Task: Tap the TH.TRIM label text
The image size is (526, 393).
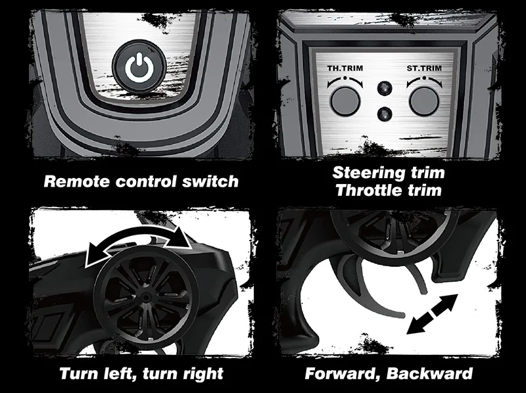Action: click(x=345, y=68)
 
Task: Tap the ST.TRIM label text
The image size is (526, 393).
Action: click(x=424, y=68)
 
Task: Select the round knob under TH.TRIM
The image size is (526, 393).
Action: click(x=345, y=101)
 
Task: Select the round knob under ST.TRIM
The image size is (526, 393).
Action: click(x=424, y=101)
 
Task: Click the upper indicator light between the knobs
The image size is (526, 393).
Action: click(x=385, y=88)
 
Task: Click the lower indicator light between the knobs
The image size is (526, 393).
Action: click(x=385, y=114)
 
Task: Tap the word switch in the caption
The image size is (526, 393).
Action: click(x=210, y=181)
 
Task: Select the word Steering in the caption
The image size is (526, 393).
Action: click(x=369, y=173)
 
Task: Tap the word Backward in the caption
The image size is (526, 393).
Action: click(x=430, y=373)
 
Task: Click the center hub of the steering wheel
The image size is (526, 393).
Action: click(x=145, y=298)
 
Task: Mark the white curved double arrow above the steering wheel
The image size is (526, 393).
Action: click(x=139, y=238)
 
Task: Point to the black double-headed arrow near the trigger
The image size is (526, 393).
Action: click(x=432, y=314)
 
